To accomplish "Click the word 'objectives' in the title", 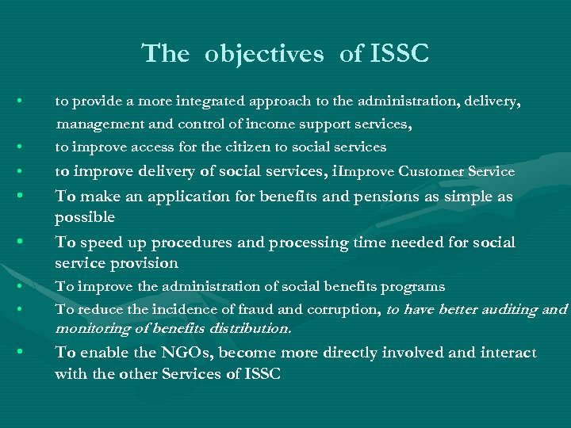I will point(264,54).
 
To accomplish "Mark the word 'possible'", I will point(85,217).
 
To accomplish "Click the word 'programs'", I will point(413,286).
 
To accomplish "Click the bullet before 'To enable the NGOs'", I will point(28,352).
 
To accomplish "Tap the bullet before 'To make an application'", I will point(28,197).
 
